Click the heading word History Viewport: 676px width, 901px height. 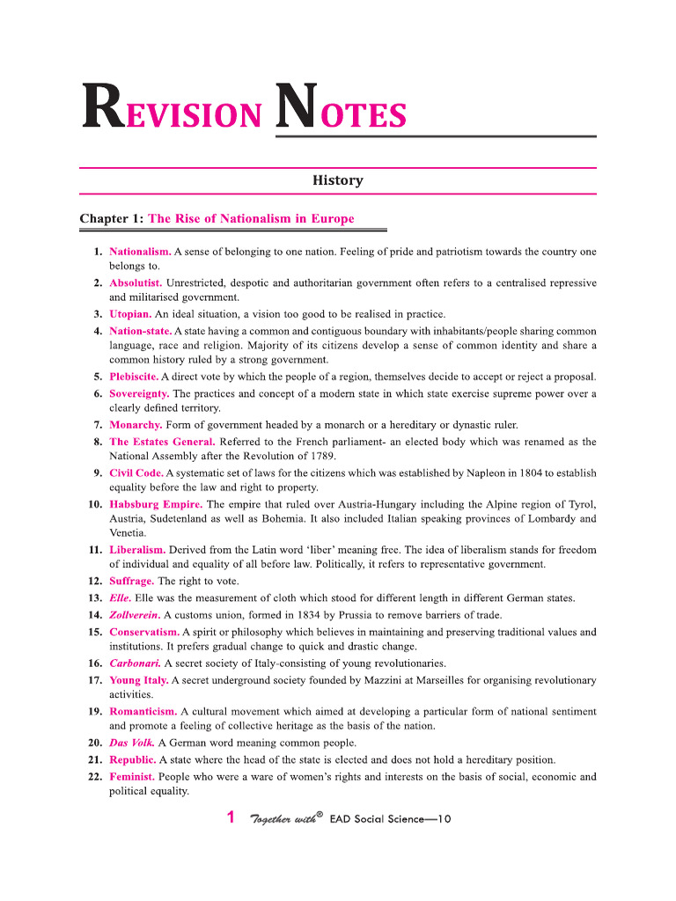coord(338,180)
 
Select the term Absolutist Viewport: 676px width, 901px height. coord(136,283)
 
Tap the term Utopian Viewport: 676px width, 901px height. coord(130,313)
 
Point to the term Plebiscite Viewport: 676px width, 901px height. coord(134,377)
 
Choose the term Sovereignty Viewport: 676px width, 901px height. coord(139,393)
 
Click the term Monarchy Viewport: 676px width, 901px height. coord(136,425)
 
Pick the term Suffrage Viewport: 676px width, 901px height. coord(131,582)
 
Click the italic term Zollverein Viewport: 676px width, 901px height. coord(134,614)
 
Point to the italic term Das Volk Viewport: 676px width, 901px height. coord(131,743)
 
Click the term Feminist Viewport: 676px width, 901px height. coord(132,777)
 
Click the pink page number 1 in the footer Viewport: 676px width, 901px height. coord(231,817)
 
